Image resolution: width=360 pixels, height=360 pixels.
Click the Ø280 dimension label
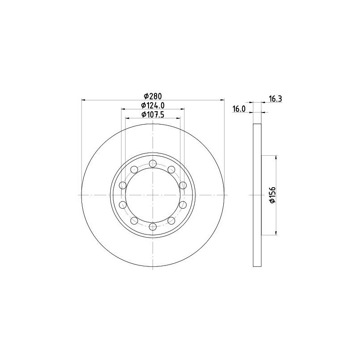pyautogui.click(x=153, y=96)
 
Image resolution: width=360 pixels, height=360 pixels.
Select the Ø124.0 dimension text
pyautogui.click(x=153, y=105)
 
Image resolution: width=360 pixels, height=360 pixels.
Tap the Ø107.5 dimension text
pyautogui.click(x=153, y=114)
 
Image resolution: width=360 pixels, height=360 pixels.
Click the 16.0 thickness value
pyautogui.click(x=239, y=109)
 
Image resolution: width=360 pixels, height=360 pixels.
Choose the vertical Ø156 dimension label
pyautogui.click(x=272, y=195)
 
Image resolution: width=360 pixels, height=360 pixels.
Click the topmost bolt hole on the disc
pyautogui.click(x=153, y=163)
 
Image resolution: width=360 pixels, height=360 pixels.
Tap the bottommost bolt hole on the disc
pyautogui.click(x=153, y=227)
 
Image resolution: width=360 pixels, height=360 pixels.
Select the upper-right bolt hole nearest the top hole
pyautogui.click(x=171, y=170)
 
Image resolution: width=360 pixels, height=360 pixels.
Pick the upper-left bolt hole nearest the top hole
pyautogui.click(x=134, y=170)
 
